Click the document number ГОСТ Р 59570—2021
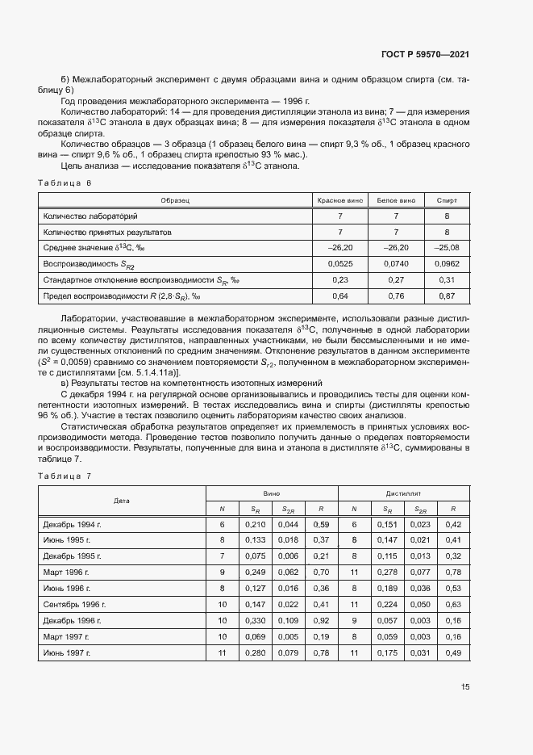click(x=425, y=54)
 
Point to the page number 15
click(x=465, y=686)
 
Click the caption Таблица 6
click(x=65, y=183)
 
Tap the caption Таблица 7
click(x=65, y=476)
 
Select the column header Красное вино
click(x=340, y=199)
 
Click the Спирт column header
click(x=446, y=199)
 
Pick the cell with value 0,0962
click(x=446, y=263)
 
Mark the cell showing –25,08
click(x=446, y=247)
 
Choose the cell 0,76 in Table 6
click(x=395, y=296)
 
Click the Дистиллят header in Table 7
click(x=403, y=492)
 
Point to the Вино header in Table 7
click(x=272, y=492)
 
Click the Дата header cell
click(x=121, y=500)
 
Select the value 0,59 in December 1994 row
click(x=320, y=524)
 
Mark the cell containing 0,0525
click(x=340, y=263)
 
